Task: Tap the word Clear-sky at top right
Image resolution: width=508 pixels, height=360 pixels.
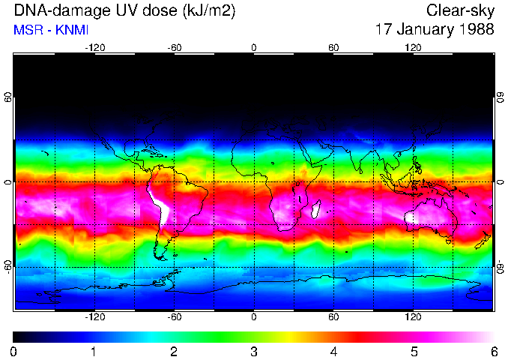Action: (461, 10)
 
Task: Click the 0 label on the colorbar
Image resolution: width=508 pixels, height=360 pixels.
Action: (14, 351)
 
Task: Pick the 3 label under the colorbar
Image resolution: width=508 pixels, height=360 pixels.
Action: (253, 351)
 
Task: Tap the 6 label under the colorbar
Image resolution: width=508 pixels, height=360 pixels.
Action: (493, 351)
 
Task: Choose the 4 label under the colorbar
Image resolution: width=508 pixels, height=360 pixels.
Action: (333, 351)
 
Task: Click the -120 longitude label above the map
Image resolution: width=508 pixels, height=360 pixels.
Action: (94, 48)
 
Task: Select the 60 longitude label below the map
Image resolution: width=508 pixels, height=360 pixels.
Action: (333, 317)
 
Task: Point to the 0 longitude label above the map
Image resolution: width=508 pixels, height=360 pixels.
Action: (253, 48)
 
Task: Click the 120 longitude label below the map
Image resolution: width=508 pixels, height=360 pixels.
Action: (413, 317)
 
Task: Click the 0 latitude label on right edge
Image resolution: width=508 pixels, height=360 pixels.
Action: (500, 182)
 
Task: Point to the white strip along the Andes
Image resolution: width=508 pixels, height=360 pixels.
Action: (160, 205)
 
